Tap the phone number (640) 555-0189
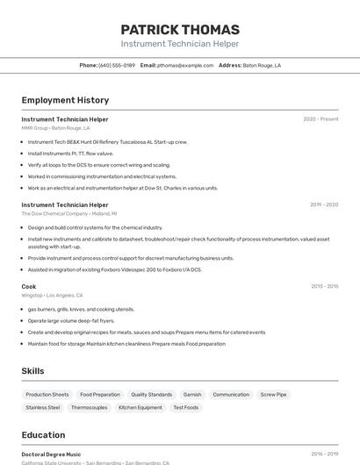[x=117, y=65]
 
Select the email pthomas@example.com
[x=185, y=65]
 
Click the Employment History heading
[x=65, y=100]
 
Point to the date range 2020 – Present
[x=320, y=118]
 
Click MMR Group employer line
[x=55, y=128]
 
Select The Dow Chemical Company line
[x=68, y=213]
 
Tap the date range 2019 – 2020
[x=323, y=204]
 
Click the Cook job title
[x=29, y=286]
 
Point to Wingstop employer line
[x=52, y=296]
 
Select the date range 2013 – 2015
[x=324, y=286]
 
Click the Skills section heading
[x=32, y=371]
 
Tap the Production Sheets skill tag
[x=47, y=395]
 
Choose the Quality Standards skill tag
[x=152, y=395]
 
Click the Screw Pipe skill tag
[x=274, y=395]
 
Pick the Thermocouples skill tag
[x=90, y=407]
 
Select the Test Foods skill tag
[x=185, y=407]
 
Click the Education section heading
[x=43, y=435]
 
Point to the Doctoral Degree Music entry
[x=51, y=454]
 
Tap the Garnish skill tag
[x=192, y=395]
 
